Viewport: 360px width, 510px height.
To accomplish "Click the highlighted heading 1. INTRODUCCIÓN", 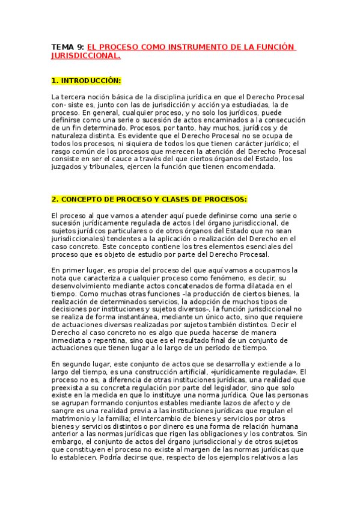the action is (86, 81).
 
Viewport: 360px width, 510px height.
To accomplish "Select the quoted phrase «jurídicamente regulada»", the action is (257, 372).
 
